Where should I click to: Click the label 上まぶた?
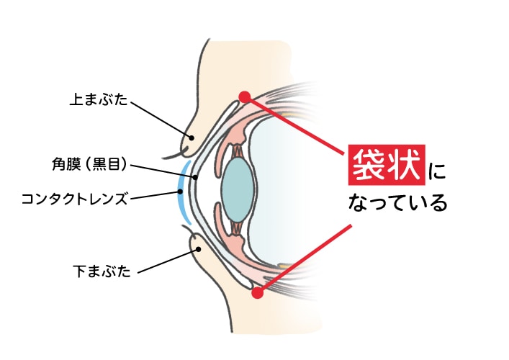(99, 99)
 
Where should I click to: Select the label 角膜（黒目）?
(89, 164)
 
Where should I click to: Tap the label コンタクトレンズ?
(74, 199)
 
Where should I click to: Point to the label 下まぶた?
(102, 271)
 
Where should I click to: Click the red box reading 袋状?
(387, 165)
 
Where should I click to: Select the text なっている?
(397, 203)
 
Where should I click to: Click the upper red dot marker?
(245, 96)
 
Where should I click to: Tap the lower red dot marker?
(258, 292)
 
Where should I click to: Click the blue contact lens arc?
(180, 192)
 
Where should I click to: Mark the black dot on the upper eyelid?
(192, 138)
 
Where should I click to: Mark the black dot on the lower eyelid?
(199, 249)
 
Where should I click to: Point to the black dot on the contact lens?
(180, 192)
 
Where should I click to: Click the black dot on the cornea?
(195, 178)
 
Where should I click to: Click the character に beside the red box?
(436, 171)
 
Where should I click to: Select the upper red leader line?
(294, 125)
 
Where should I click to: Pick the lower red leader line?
(305, 258)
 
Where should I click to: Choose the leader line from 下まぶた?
(168, 261)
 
